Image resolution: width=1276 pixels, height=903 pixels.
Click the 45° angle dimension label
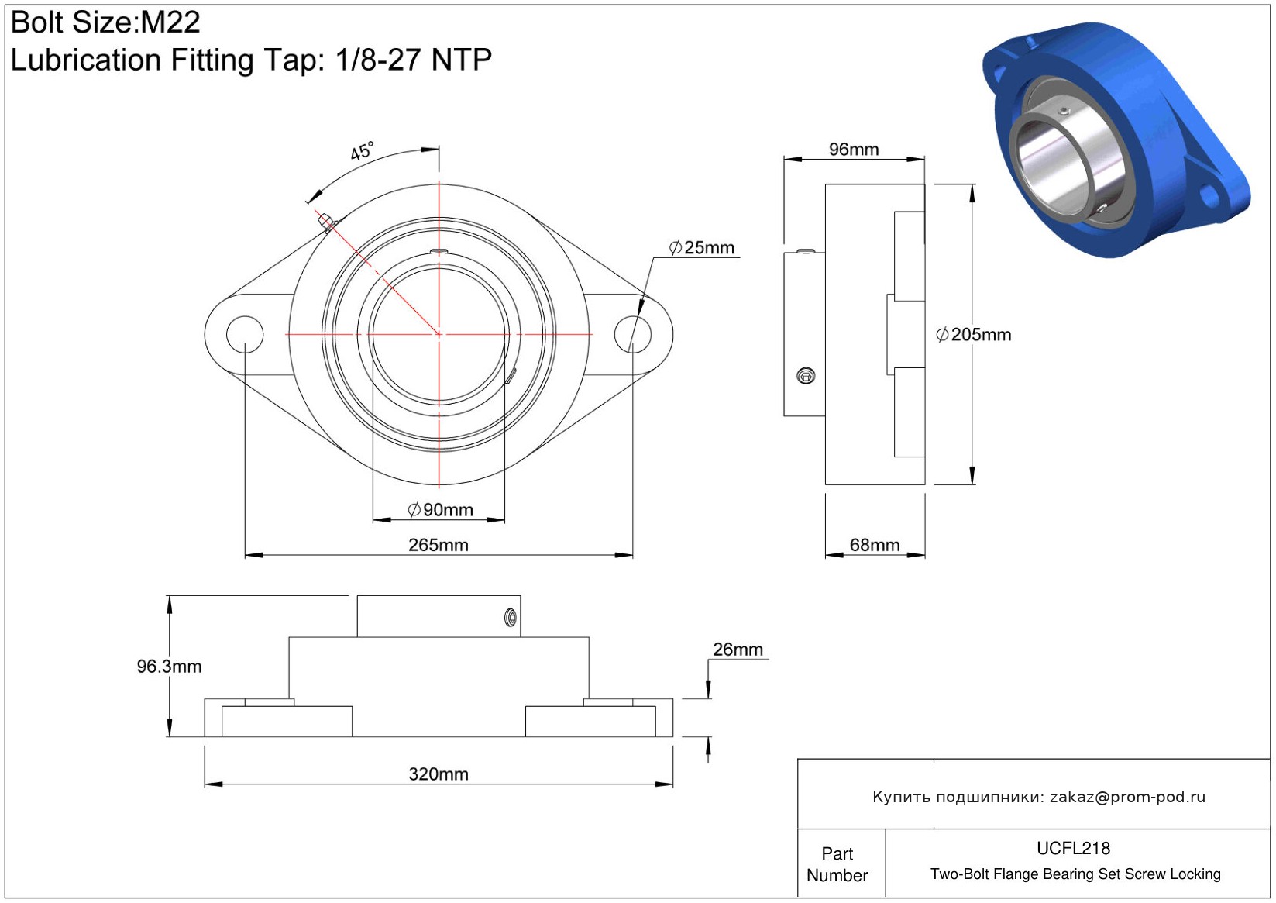[x=362, y=150]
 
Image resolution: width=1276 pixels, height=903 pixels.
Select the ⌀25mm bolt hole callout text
[x=701, y=247]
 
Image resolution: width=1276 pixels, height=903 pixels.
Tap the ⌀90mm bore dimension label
[x=440, y=509]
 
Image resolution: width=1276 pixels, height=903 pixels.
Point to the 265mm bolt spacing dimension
[x=438, y=544]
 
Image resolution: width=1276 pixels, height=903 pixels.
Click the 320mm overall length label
[x=438, y=774]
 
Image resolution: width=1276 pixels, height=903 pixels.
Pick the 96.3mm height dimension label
[x=169, y=666]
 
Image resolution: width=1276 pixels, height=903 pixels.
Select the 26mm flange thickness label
[x=738, y=649]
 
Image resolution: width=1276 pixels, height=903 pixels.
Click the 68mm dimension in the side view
[x=875, y=544]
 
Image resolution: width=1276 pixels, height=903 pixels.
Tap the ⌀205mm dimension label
[x=974, y=334]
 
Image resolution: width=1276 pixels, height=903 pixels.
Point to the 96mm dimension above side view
[x=853, y=150]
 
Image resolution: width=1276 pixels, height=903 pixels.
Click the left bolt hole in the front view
[x=245, y=334]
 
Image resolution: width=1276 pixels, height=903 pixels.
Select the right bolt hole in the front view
[x=633, y=334]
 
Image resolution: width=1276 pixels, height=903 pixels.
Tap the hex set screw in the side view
[x=806, y=376]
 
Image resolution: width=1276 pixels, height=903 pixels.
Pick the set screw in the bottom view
[x=511, y=618]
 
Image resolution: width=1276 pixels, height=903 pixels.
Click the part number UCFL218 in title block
[x=1073, y=848]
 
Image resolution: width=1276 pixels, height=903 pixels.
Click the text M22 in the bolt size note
[x=170, y=22]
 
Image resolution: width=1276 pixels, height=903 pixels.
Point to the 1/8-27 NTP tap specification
[x=413, y=60]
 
